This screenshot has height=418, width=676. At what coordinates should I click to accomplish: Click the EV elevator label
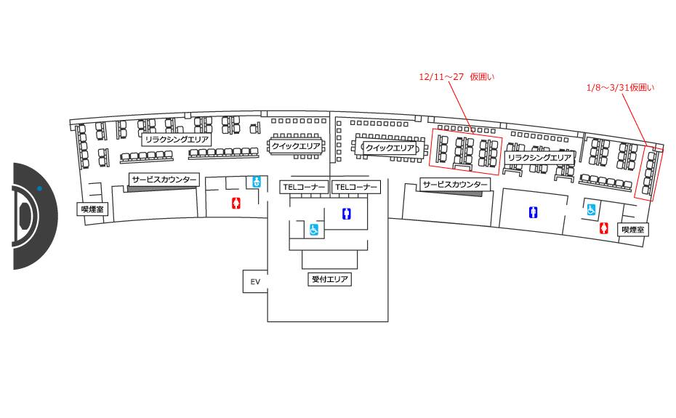point(255,281)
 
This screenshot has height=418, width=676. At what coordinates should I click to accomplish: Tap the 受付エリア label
point(330,278)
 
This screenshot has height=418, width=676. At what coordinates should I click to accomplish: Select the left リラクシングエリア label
point(177,139)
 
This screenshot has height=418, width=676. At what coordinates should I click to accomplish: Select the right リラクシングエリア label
point(539,157)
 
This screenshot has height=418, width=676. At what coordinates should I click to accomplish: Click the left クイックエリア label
point(296,145)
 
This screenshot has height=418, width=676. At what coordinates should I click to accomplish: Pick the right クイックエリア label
point(390,148)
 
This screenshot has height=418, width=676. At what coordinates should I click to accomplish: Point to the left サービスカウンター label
point(164,179)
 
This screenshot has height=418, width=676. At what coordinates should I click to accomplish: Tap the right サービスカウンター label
point(455,185)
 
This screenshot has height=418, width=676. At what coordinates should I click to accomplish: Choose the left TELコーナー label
point(305,187)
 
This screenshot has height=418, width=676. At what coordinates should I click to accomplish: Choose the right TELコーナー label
point(355,187)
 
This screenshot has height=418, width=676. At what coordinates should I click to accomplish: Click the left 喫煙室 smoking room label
point(93,209)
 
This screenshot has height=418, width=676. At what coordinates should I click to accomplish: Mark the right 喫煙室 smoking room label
point(632,229)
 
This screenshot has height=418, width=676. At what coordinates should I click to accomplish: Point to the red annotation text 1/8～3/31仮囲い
point(620,87)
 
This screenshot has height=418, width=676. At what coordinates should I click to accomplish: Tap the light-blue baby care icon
point(256,182)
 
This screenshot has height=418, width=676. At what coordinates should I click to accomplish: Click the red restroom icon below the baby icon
point(235,203)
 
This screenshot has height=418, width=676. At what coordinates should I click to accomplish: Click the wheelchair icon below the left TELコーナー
point(315,230)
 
